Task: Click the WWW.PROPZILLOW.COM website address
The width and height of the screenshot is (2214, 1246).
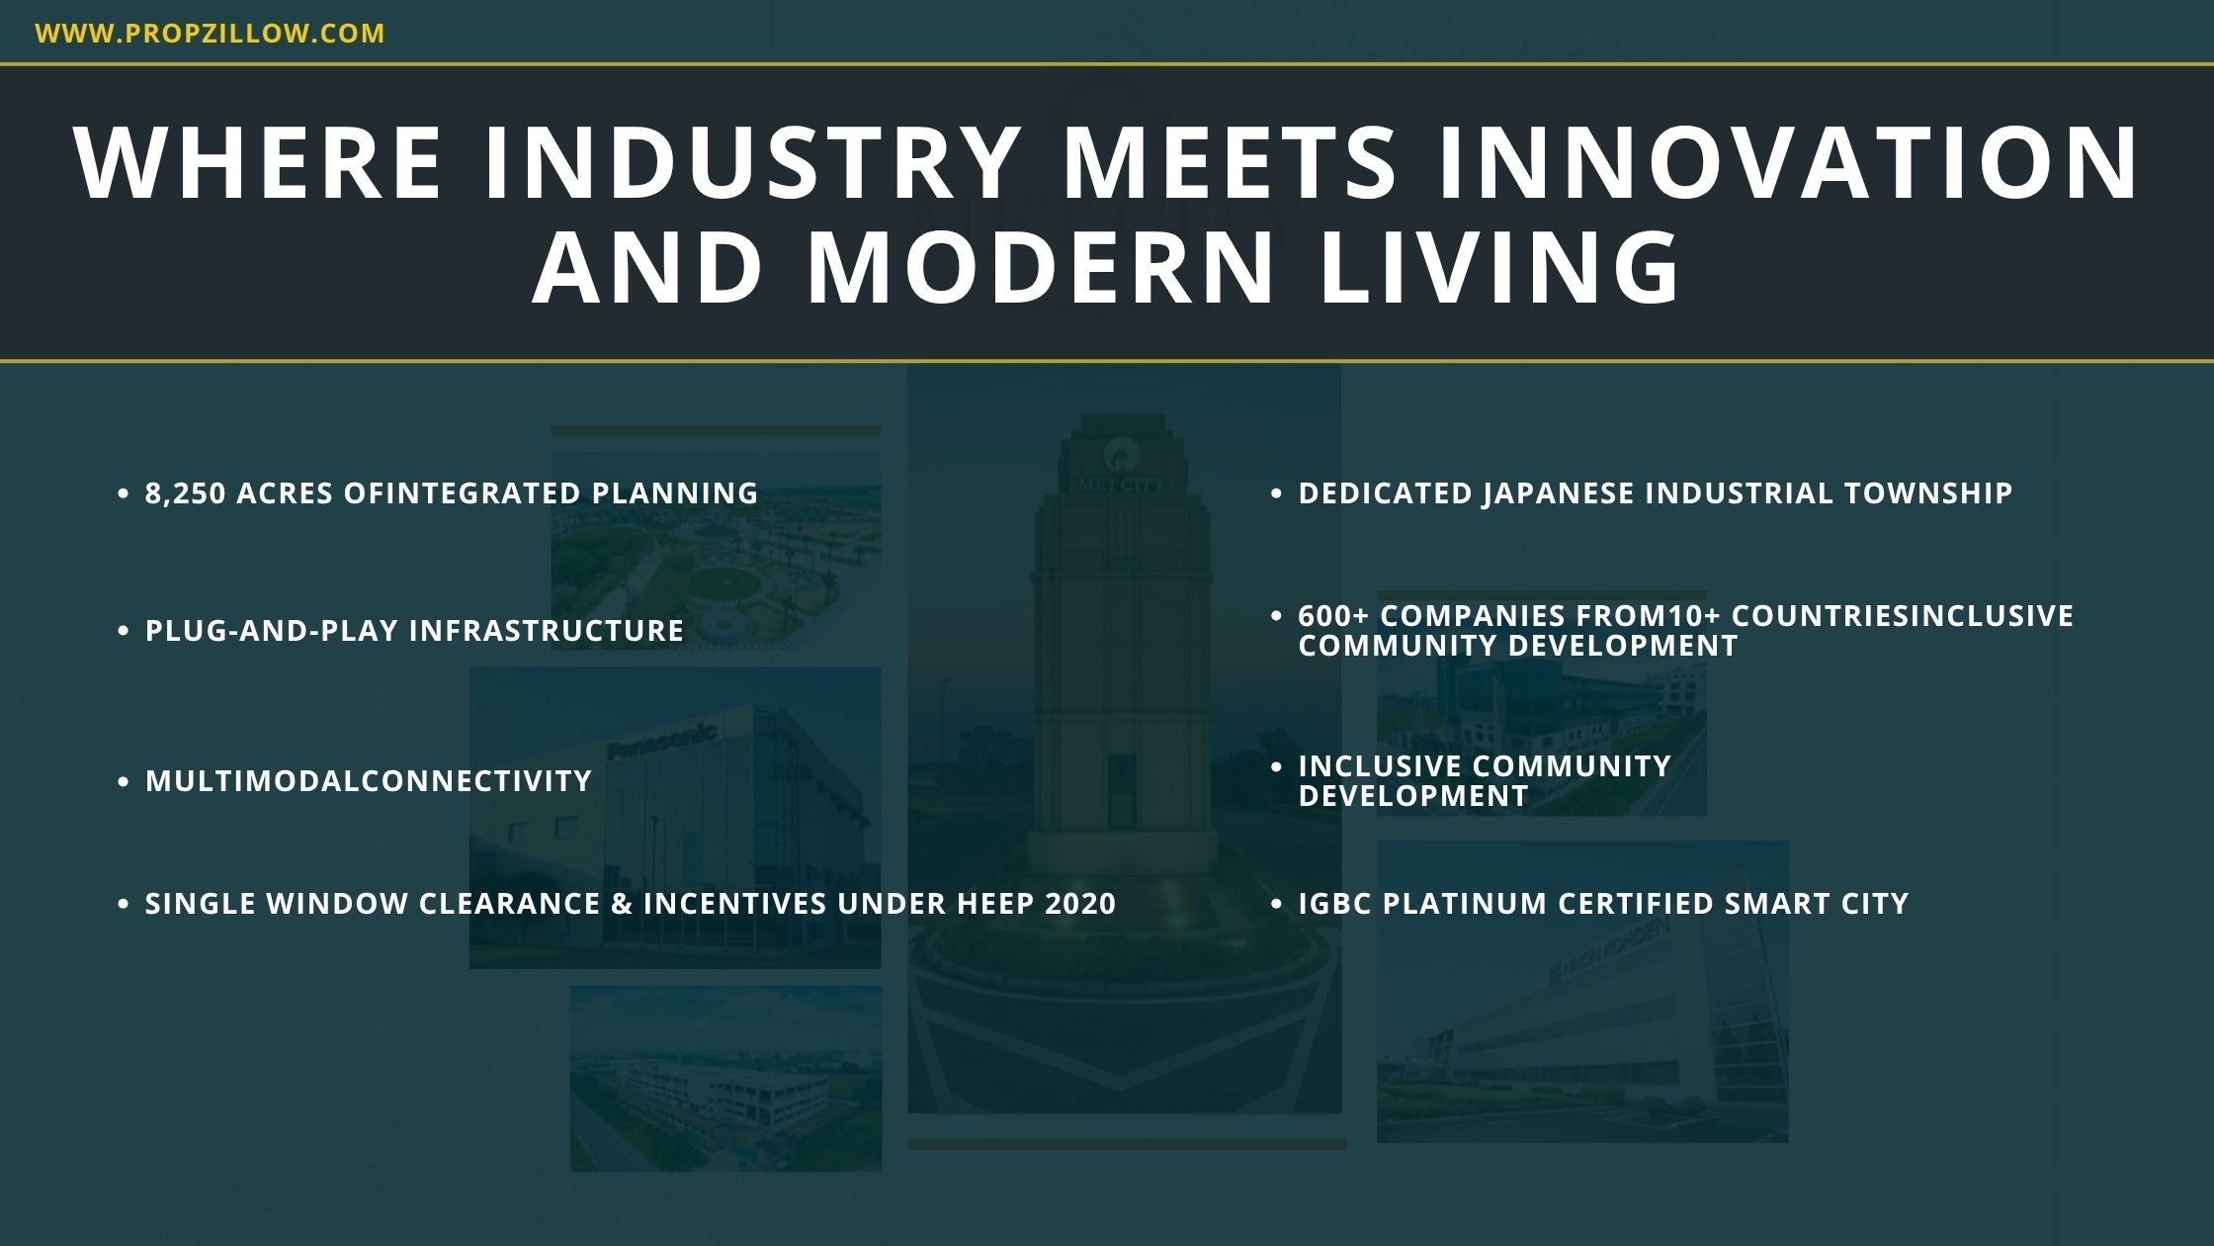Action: coord(210,34)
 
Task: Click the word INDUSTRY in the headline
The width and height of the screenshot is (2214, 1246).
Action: coord(752,162)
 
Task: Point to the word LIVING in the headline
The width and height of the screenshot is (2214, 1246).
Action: coord(1499,267)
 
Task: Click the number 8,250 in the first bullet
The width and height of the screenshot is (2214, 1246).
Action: coord(186,493)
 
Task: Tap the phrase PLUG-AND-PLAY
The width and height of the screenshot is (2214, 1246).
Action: coord(272,631)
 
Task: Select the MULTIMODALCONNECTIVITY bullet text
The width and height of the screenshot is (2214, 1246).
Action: coord(369,781)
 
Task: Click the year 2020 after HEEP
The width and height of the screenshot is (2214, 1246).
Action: coord(1080,904)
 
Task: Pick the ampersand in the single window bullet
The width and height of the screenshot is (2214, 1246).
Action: coord(622,904)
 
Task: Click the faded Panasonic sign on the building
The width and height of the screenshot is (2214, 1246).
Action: coord(661,741)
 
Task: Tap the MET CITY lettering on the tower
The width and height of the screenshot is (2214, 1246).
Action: coord(1122,485)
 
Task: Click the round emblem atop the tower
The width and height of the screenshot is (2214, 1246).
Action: coord(1122,456)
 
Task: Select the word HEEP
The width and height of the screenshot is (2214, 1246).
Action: coord(995,904)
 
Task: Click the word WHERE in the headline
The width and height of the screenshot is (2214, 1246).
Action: coord(258,162)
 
